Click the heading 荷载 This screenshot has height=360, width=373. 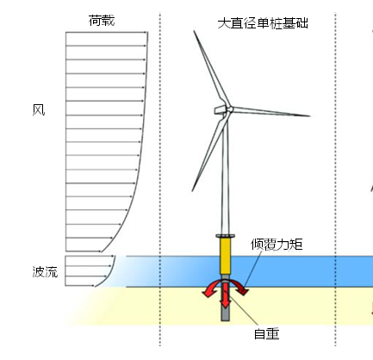tap(102, 21)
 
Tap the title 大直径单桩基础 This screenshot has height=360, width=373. tap(263, 23)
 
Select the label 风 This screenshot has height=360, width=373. tap(39, 110)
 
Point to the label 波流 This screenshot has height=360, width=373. tap(45, 271)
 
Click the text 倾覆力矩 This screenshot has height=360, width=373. tap(277, 245)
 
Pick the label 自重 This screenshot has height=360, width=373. tap(267, 334)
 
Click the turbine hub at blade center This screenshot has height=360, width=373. tap(229, 109)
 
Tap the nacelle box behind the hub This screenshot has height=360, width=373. tap(220, 109)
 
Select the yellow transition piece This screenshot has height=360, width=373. tap(226, 256)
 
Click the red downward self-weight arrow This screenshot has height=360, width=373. tap(226, 295)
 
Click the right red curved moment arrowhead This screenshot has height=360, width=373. tap(244, 291)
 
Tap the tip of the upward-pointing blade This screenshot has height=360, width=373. tap(194, 31)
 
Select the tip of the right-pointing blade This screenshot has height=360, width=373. tap(310, 116)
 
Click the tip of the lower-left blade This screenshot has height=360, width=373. tap(192, 190)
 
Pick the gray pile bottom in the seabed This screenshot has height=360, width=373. tap(226, 318)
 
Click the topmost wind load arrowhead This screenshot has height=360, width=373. tap(146, 32)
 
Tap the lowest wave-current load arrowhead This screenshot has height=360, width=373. tap(93, 285)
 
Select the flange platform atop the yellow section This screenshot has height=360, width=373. tap(226, 236)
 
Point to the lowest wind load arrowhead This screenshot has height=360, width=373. tap(99, 251)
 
